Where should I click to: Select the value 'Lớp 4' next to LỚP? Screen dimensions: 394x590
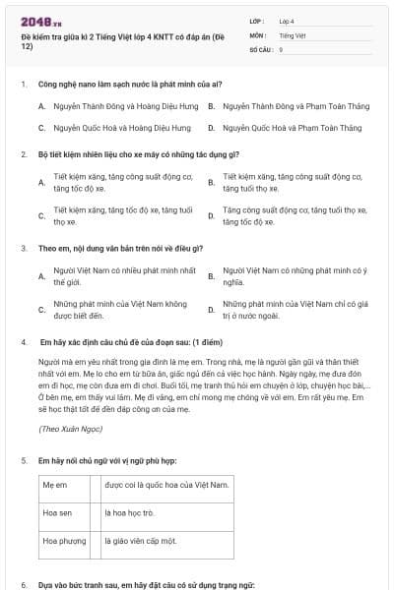[x=287, y=20]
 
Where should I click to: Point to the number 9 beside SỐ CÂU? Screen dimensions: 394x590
[x=281, y=48]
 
